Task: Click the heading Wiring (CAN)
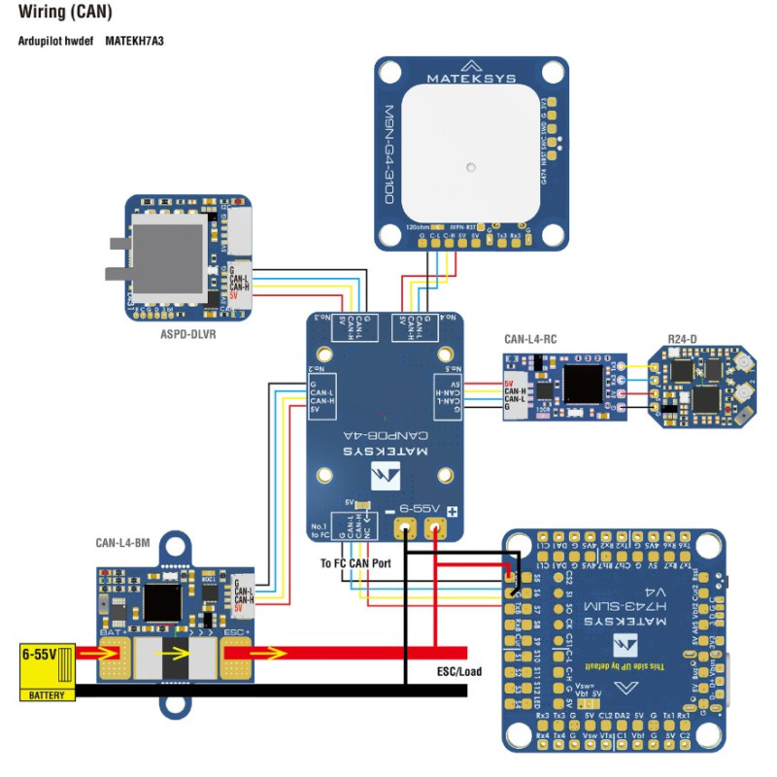click(64, 14)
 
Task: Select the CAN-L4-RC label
click(530, 340)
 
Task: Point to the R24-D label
click(684, 339)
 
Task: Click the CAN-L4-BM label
click(124, 543)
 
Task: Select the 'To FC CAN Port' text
click(356, 562)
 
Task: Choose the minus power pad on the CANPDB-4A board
click(404, 528)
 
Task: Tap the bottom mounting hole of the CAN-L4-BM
click(177, 701)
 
